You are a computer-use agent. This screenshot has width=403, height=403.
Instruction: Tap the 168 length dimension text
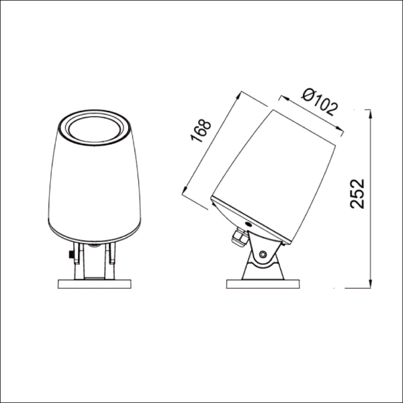[x=201, y=130]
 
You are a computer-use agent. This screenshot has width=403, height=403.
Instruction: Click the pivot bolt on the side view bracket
[x=263, y=254]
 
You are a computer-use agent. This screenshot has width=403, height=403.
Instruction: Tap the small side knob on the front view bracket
[x=70, y=256]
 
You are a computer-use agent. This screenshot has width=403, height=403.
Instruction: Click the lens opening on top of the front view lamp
[x=95, y=125]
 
